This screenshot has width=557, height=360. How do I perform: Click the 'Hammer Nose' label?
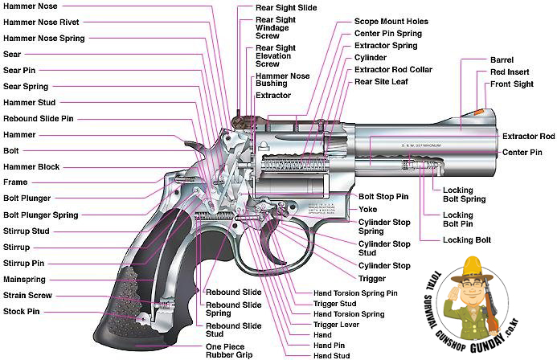point(31,6)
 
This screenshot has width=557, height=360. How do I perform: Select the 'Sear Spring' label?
point(26,86)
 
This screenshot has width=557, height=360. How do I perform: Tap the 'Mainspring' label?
point(24,280)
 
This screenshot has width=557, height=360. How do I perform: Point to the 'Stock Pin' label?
point(22,311)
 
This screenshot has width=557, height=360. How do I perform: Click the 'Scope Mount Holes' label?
point(391,22)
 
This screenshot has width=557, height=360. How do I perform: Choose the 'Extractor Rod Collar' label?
point(393,70)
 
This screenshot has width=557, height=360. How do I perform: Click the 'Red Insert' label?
point(510,72)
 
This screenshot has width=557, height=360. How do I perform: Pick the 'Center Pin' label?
point(522,153)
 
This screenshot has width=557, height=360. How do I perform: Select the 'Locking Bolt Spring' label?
point(464,194)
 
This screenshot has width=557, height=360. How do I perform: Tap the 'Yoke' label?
point(367,210)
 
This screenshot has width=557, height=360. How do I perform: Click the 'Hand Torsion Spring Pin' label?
point(355,293)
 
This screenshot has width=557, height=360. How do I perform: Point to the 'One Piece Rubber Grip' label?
point(229,351)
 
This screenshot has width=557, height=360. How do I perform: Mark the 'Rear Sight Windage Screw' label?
point(276,27)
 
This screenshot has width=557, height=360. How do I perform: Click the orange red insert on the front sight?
point(479,112)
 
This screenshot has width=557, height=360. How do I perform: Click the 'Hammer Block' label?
point(31,167)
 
